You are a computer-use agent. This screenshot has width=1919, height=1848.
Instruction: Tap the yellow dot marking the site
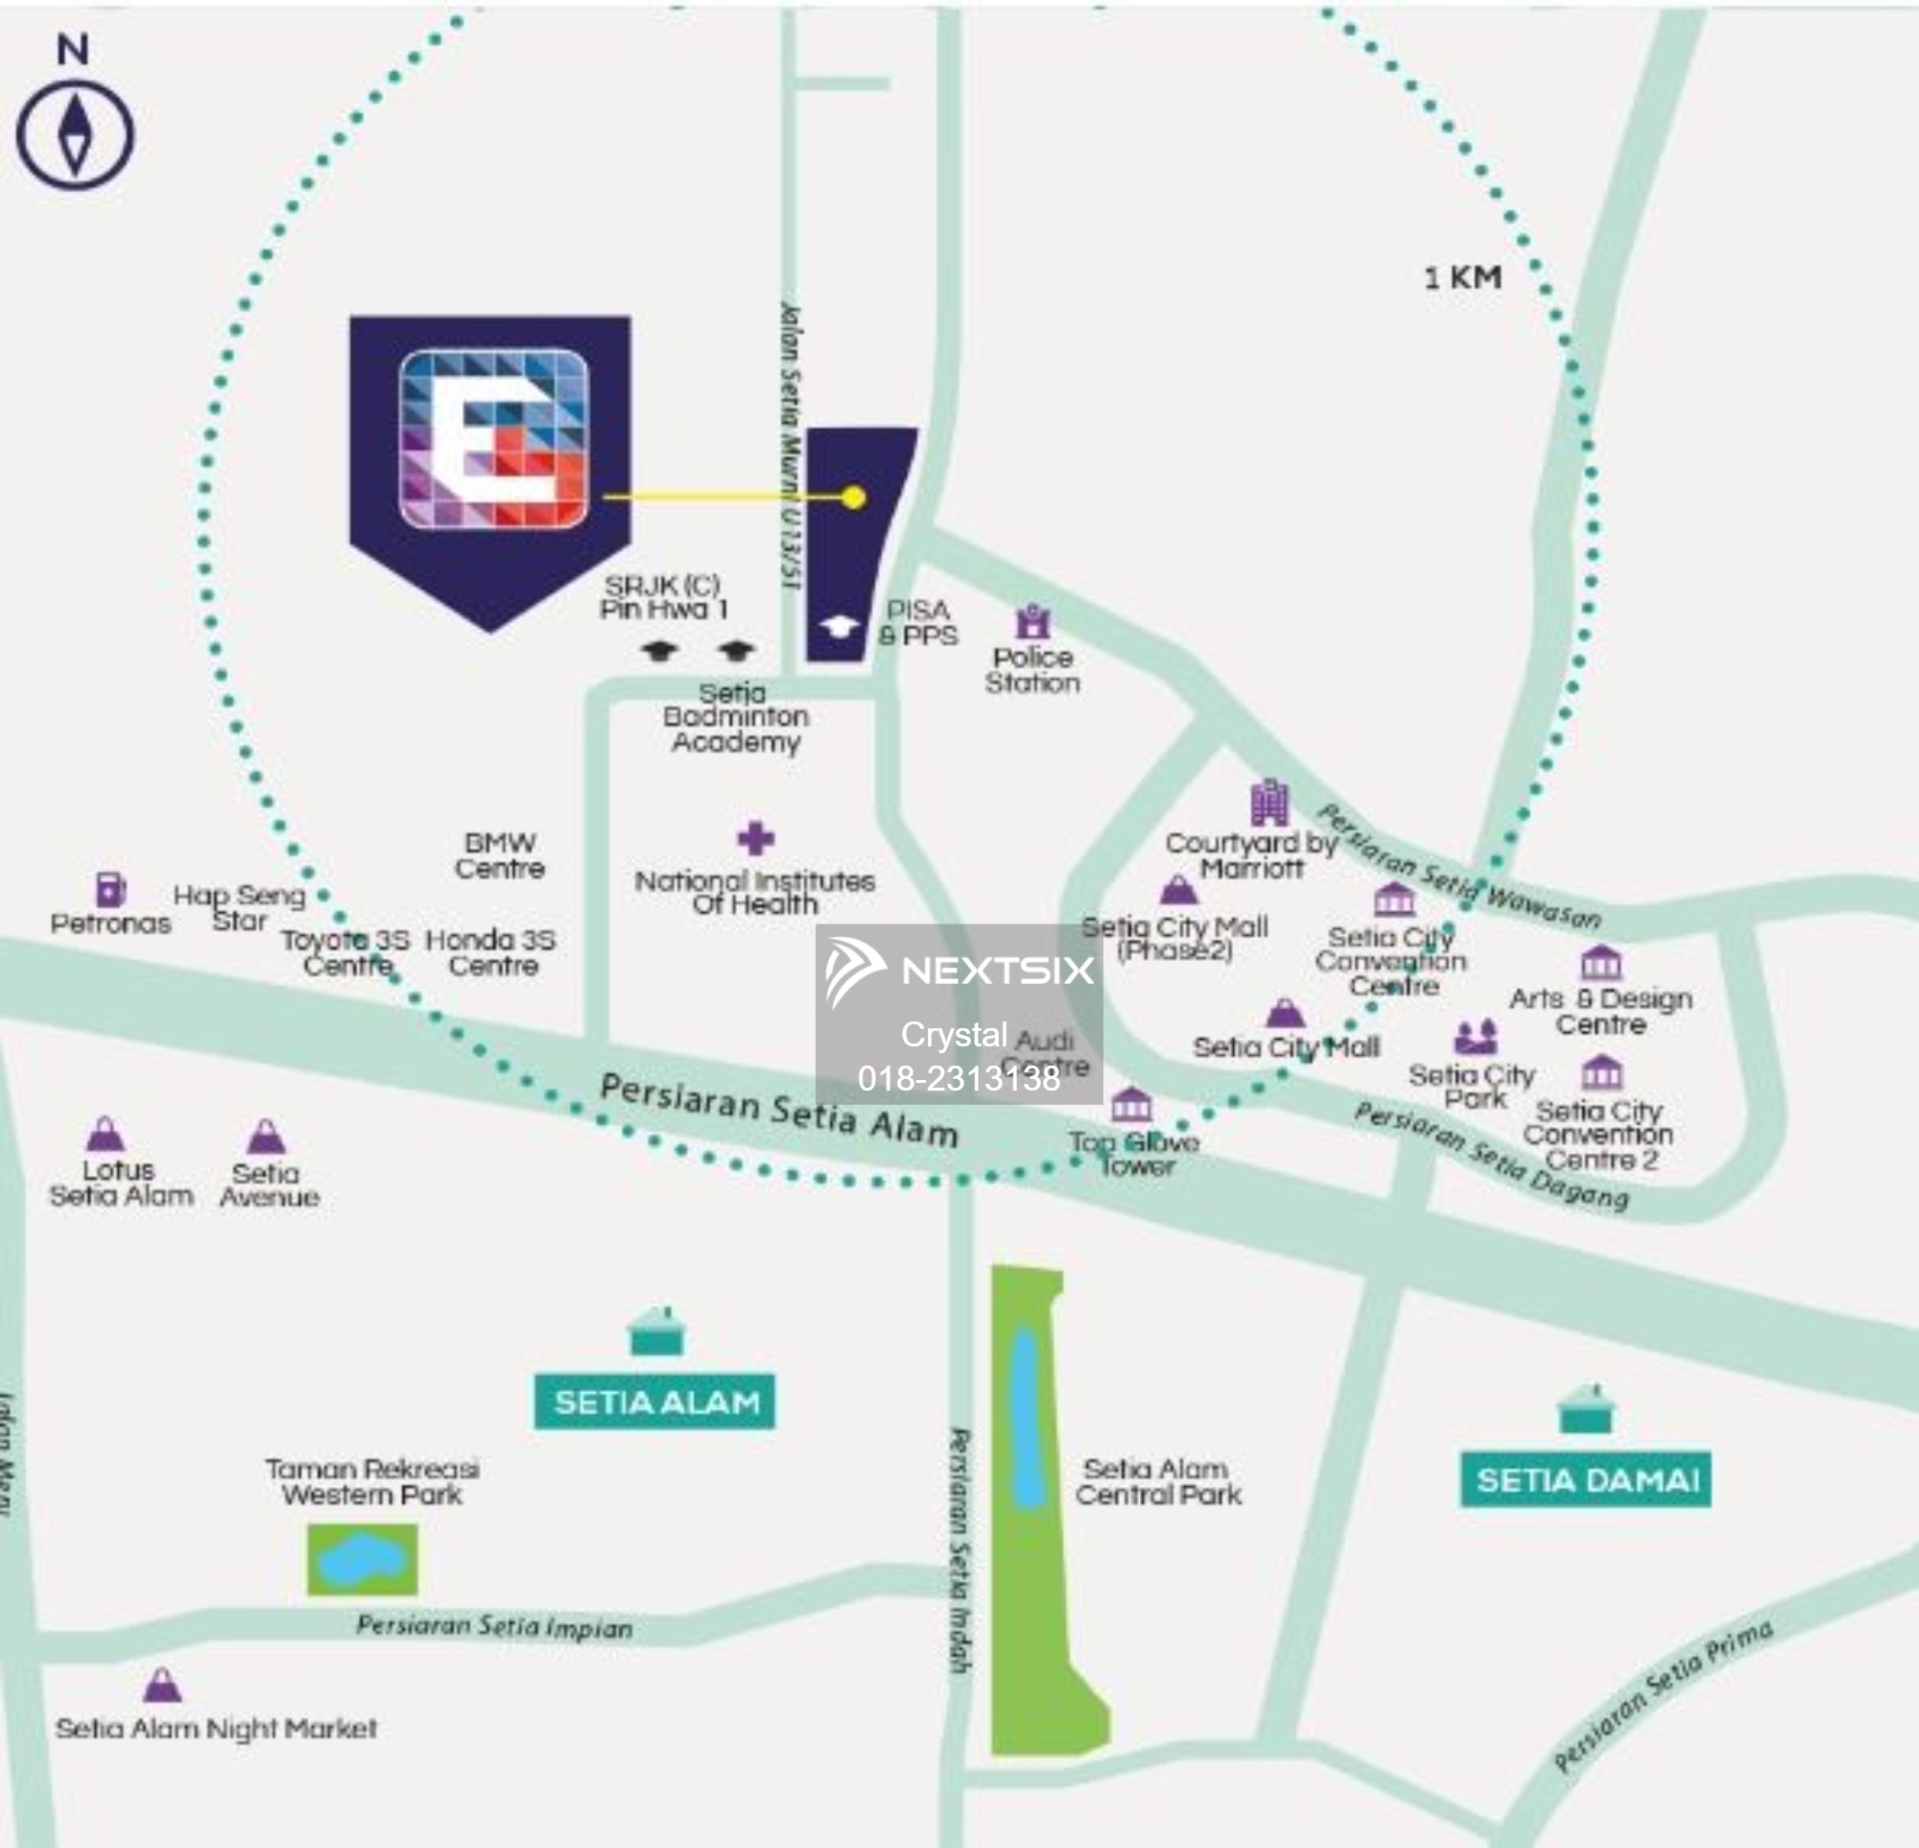click(854, 496)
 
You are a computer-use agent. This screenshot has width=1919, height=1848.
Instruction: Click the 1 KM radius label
click(1461, 277)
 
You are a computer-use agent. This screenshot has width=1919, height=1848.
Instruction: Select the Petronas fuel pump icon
click(110, 888)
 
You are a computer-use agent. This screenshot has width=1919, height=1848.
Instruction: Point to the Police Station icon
click(1033, 621)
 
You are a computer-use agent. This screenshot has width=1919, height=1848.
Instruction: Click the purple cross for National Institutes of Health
click(755, 838)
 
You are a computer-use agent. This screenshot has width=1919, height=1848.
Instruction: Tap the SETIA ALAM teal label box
click(655, 1402)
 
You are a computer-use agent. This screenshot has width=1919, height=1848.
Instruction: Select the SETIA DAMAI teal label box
click(1585, 1478)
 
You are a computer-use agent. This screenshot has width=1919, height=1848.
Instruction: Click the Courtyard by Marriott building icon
click(1269, 804)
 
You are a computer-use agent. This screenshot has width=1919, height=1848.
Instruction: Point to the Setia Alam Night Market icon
click(162, 1686)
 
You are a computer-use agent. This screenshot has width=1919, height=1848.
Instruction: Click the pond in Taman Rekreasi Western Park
click(363, 1558)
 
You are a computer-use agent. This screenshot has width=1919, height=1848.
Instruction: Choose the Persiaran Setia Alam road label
click(778, 1111)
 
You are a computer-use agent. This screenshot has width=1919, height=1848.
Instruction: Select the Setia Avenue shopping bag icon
click(267, 1136)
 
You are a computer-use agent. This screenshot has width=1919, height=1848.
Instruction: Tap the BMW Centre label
click(500, 855)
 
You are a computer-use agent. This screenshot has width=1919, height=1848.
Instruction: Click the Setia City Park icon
click(1476, 1036)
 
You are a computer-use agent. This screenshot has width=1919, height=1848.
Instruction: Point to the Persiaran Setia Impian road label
click(494, 1626)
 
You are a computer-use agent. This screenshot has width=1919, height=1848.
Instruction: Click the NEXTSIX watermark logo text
click(997, 970)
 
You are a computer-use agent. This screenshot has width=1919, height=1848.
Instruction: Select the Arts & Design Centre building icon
click(1600, 964)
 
